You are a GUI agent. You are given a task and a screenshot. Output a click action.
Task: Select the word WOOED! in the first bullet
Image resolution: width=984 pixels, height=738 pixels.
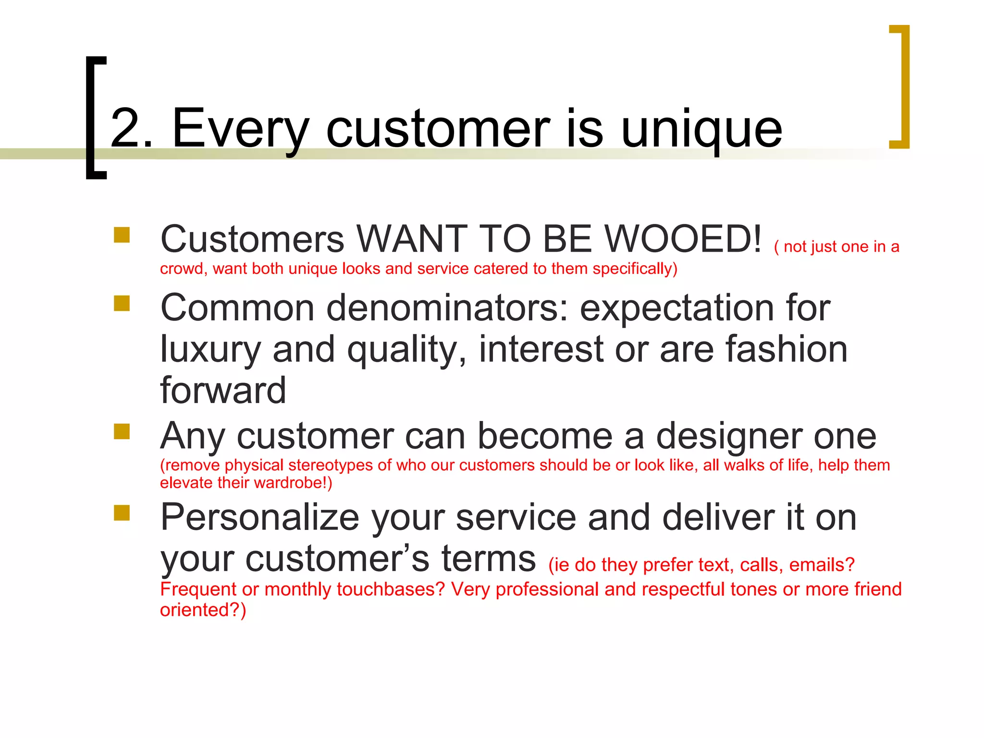683,239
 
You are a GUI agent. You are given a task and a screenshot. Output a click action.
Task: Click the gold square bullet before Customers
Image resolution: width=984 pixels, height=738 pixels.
122,235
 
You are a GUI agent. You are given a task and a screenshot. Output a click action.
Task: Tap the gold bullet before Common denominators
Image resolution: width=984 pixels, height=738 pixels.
122,304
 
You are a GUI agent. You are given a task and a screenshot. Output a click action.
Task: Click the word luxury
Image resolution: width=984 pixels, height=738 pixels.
210,350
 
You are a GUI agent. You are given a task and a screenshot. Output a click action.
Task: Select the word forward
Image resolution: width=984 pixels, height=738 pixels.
223,390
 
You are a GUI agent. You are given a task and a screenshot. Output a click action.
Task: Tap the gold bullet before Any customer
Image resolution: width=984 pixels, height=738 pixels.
122,431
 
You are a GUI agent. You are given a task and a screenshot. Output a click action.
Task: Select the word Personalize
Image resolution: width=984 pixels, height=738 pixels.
259,518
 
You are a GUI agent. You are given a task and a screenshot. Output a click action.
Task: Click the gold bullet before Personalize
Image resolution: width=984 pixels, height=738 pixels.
122,513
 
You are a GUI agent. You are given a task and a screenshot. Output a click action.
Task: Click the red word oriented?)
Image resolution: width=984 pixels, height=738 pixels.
203,610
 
